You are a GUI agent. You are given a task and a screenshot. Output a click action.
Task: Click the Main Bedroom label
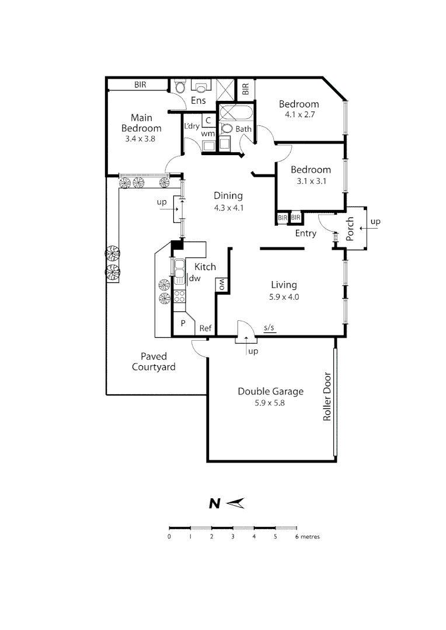pyautogui.click(x=141, y=123)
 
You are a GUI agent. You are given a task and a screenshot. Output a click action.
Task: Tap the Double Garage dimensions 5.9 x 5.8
pyautogui.click(x=270, y=402)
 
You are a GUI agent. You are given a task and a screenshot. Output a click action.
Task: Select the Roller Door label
pyautogui.click(x=327, y=397)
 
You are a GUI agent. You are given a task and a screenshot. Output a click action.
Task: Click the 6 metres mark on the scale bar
pyautogui.click(x=296, y=536)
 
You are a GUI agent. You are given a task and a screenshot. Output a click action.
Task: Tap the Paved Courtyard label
pyautogui.click(x=154, y=362)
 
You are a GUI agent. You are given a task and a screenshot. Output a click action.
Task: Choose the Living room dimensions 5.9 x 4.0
pyautogui.click(x=284, y=296)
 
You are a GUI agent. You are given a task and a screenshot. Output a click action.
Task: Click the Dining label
pyautogui.click(x=228, y=196)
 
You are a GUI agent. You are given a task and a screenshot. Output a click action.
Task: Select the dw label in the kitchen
pyautogui.click(x=194, y=279)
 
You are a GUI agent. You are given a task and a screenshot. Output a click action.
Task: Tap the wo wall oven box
pyautogui.click(x=222, y=285)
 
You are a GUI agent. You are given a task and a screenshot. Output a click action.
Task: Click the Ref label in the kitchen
pyautogui.click(x=205, y=328)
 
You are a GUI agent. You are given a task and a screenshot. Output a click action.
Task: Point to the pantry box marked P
pyautogui.click(x=182, y=323)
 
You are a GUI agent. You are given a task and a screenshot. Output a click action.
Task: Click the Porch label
pyautogui.click(x=350, y=229)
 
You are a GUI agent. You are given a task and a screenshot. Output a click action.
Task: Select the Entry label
pyautogui.click(x=305, y=233)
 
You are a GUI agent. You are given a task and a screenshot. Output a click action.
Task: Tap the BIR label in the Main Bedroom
pyautogui.click(x=140, y=85)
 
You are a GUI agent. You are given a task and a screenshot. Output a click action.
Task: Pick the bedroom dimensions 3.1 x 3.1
pyautogui.click(x=311, y=180)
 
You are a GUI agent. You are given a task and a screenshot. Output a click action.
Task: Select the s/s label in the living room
pyautogui.click(x=269, y=328)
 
